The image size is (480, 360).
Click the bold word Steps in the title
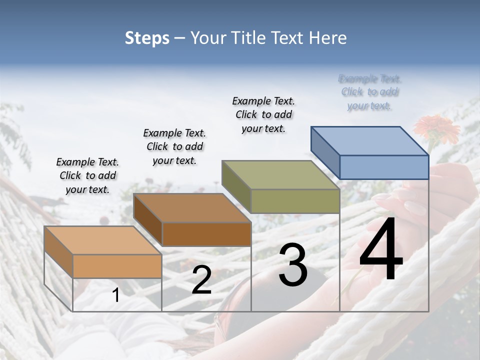147,38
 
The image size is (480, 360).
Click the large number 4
381,251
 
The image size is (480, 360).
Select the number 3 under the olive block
293,265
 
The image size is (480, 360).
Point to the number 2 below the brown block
201,280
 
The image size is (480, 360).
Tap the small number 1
115,296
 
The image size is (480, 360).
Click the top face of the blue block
369,140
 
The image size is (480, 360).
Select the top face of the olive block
281,175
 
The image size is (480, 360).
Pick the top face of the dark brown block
192,208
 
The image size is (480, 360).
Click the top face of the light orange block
103,240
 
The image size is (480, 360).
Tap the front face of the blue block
384,167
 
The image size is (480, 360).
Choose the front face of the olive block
295,201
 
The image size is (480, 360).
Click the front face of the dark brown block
206,234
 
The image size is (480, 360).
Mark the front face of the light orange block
117,266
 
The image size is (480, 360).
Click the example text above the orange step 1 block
87,176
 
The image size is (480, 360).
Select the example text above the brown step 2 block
174,147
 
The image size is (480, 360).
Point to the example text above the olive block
263,114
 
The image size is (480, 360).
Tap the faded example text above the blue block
370,92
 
